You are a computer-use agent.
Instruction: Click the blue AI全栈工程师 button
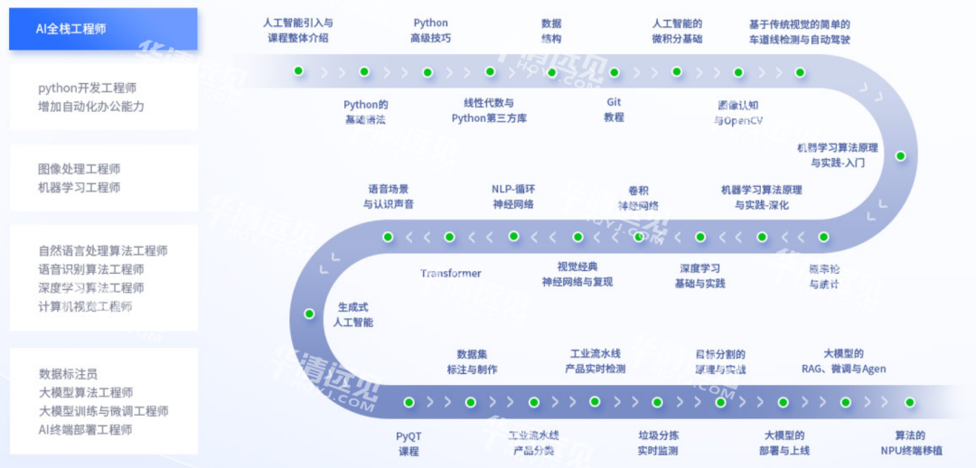point(103,29)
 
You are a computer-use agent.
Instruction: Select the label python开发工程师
point(87,89)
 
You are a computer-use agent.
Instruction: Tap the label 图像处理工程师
point(80,169)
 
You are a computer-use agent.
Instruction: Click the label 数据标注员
point(68,373)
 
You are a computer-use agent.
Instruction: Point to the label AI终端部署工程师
point(85,430)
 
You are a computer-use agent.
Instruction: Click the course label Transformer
point(451,273)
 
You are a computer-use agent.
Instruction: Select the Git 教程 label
point(615,109)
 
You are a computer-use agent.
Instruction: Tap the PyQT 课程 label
point(408,443)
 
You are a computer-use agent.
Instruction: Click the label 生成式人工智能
point(352,314)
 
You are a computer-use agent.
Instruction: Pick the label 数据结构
point(551,31)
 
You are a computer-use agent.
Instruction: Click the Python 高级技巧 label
point(430,31)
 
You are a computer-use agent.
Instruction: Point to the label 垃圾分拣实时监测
point(658,443)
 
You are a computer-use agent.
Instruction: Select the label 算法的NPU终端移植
point(911,443)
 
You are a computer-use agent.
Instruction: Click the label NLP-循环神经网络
point(513,196)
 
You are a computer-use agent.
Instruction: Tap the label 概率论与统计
point(824,276)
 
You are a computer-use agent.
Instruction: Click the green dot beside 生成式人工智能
point(309,314)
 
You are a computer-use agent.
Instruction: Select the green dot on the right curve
point(900,155)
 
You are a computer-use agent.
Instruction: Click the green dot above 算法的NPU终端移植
point(910,402)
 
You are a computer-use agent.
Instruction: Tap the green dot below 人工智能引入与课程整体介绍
point(298,70)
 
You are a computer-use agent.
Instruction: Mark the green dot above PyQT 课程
point(408,402)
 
